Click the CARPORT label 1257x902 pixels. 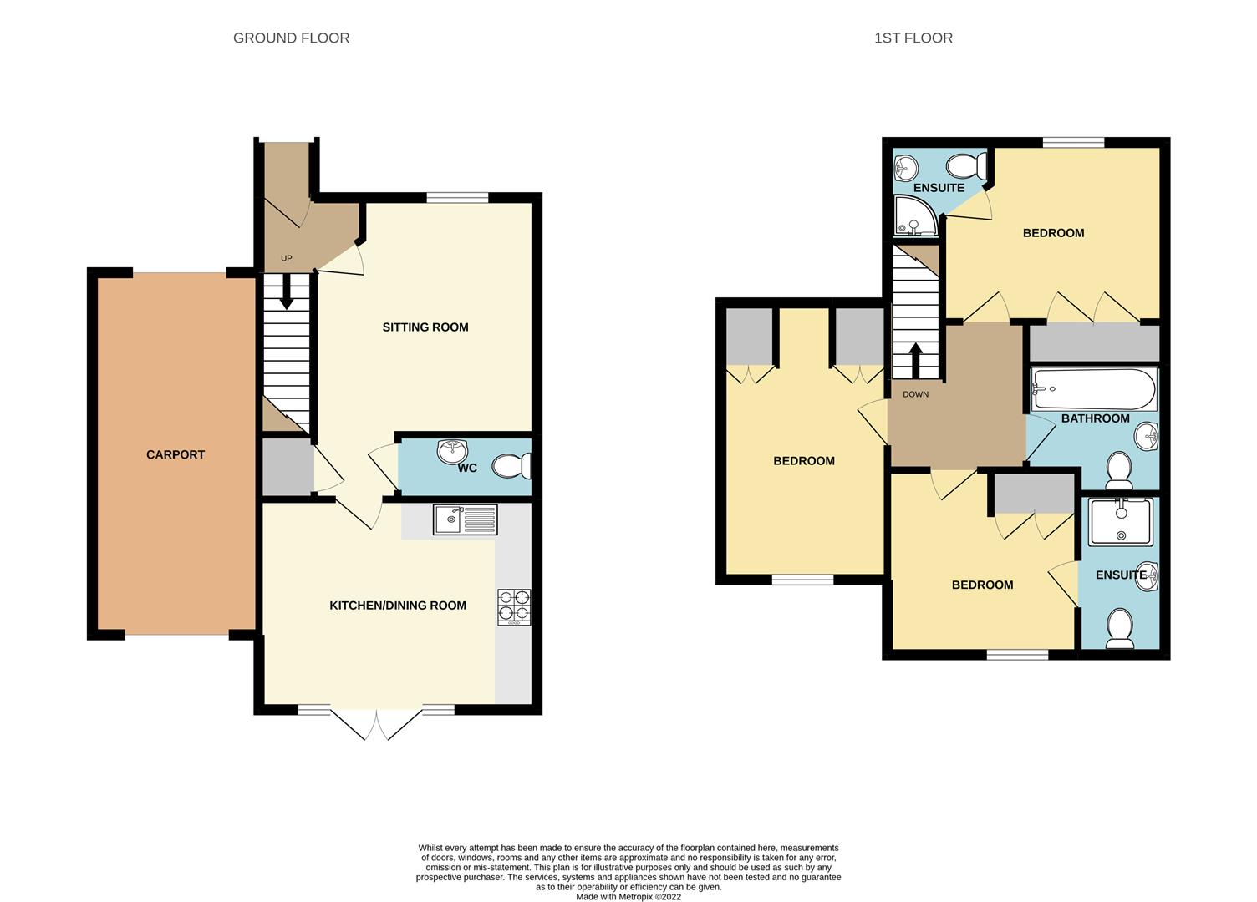175,454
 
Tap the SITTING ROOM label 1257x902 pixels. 425,327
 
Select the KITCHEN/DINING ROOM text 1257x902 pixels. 398,606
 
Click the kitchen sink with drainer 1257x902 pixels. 466,519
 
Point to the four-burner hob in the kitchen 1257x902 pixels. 514,607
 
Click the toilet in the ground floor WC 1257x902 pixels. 511,466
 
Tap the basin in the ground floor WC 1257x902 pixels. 452,451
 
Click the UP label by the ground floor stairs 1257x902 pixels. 286,258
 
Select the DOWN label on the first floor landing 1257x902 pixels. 915,395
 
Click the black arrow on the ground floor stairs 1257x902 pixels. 286,291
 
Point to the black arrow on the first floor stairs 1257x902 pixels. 915,361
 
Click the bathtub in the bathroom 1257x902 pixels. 1094,389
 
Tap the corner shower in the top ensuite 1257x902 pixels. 915,215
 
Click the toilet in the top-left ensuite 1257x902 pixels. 967,166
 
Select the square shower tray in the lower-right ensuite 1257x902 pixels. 1121,522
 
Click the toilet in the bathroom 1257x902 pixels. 1118,470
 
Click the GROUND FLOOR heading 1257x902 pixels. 291,38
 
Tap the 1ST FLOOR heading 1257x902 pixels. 913,38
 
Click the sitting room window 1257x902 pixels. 457,197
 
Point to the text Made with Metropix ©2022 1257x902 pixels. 628,896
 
